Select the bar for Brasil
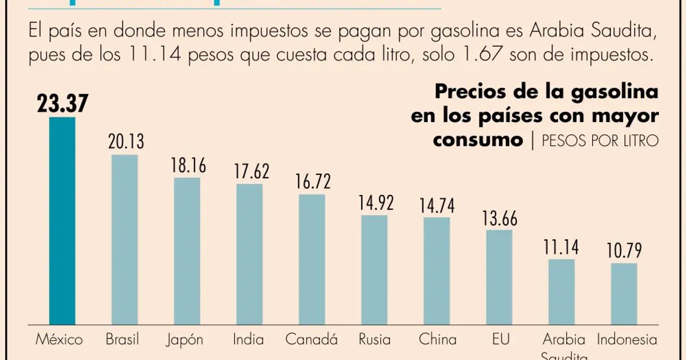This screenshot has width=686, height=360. click(x=125, y=240)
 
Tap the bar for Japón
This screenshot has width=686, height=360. click(x=187, y=251)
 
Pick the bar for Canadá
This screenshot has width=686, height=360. click(x=312, y=260)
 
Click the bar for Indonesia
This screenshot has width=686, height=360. click(x=624, y=294)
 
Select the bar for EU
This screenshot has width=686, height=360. click(x=499, y=278)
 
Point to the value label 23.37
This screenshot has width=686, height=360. click(x=62, y=104)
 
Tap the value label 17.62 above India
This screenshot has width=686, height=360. click(x=249, y=171)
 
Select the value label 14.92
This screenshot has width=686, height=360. click(x=375, y=203)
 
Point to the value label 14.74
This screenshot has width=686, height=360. click(x=437, y=205)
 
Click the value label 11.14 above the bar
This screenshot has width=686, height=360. click(x=561, y=247)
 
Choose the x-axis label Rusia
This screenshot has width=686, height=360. click(x=374, y=339)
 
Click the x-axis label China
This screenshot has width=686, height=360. click(x=437, y=339)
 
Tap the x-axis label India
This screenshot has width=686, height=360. click(x=249, y=339)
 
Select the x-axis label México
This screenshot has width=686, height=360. click(x=59, y=339)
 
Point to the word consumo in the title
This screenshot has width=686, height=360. click(x=478, y=140)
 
